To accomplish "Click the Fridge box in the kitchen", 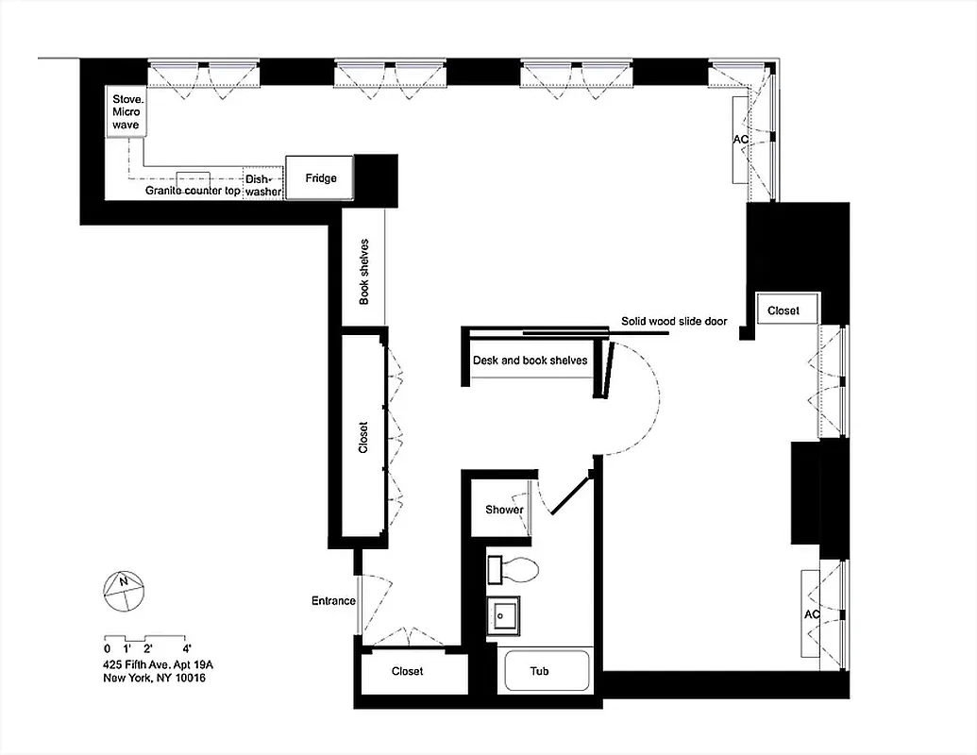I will click(x=320, y=177).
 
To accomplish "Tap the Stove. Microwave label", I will click(x=125, y=112).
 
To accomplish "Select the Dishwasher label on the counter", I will click(x=263, y=185).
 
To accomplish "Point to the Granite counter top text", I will click(x=193, y=191).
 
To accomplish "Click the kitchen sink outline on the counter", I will click(x=193, y=177).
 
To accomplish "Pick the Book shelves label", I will click(x=364, y=271).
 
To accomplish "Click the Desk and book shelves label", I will click(x=530, y=361).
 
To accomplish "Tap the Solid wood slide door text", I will click(x=673, y=322).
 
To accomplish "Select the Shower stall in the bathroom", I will click(x=504, y=510).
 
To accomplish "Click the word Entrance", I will click(x=333, y=601).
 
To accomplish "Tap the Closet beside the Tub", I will click(x=408, y=672).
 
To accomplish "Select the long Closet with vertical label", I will click(x=363, y=437).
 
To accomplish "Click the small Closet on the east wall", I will click(x=783, y=310).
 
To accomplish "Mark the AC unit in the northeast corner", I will click(x=741, y=140).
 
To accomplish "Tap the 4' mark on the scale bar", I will click(x=188, y=648).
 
